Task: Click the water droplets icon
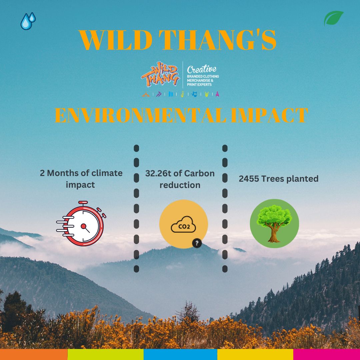[28, 21]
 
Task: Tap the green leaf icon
[333, 18]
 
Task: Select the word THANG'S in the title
[217, 40]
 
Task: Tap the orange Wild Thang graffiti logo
[160, 74]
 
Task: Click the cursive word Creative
[202, 69]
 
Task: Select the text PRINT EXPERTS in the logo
[199, 84]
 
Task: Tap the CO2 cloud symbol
[183, 224]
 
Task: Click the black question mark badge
[197, 243]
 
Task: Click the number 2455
[249, 179]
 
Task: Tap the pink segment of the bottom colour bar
[326, 354]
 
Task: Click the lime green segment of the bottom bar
[106, 354]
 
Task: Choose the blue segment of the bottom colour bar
[180, 354]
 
